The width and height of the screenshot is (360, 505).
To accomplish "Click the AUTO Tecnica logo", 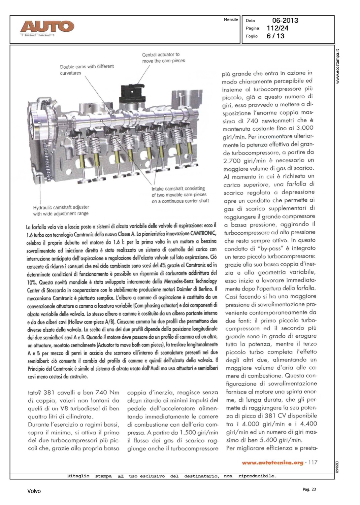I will (47, 28).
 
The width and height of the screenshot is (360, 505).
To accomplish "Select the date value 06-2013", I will (285, 21).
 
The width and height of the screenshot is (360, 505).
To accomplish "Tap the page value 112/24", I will (277, 28).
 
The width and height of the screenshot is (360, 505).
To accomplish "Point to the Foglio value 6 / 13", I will (275, 36).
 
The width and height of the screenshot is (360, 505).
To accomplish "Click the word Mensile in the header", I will (231, 20).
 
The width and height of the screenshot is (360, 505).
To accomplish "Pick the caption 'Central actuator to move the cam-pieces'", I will (163, 58).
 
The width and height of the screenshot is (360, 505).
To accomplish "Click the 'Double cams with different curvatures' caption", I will (87, 70).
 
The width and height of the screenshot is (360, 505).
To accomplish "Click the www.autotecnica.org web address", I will (272, 463).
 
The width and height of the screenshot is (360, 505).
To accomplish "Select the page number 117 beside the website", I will (313, 463).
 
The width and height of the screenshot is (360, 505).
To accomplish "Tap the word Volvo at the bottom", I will (34, 491).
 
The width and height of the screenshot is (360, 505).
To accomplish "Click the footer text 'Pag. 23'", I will (309, 489).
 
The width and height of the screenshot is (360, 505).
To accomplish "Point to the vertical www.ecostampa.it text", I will (338, 67).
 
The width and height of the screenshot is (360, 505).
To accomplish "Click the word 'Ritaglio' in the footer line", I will (78, 476).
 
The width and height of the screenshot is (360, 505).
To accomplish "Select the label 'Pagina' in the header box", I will (252, 28).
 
